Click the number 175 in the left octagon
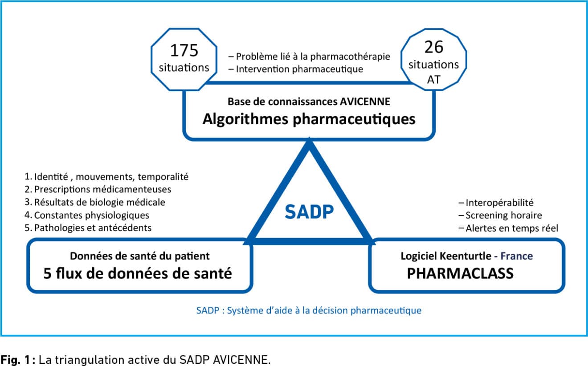(184, 50)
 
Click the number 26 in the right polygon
(434, 47)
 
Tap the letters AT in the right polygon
(434, 80)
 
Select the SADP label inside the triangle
(309, 212)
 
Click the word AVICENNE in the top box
(365, 102)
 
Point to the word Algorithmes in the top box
(245, 119)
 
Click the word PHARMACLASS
(460, 273)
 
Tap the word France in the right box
(517, 256)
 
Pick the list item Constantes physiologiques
(86, 215)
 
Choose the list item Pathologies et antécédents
(88, 228)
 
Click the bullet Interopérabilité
(496, 203)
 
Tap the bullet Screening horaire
(500, 216)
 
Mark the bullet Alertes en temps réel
(508, 228)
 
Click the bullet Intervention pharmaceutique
(296, 69)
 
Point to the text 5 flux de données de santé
(138, 273)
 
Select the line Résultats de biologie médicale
(95, 202)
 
